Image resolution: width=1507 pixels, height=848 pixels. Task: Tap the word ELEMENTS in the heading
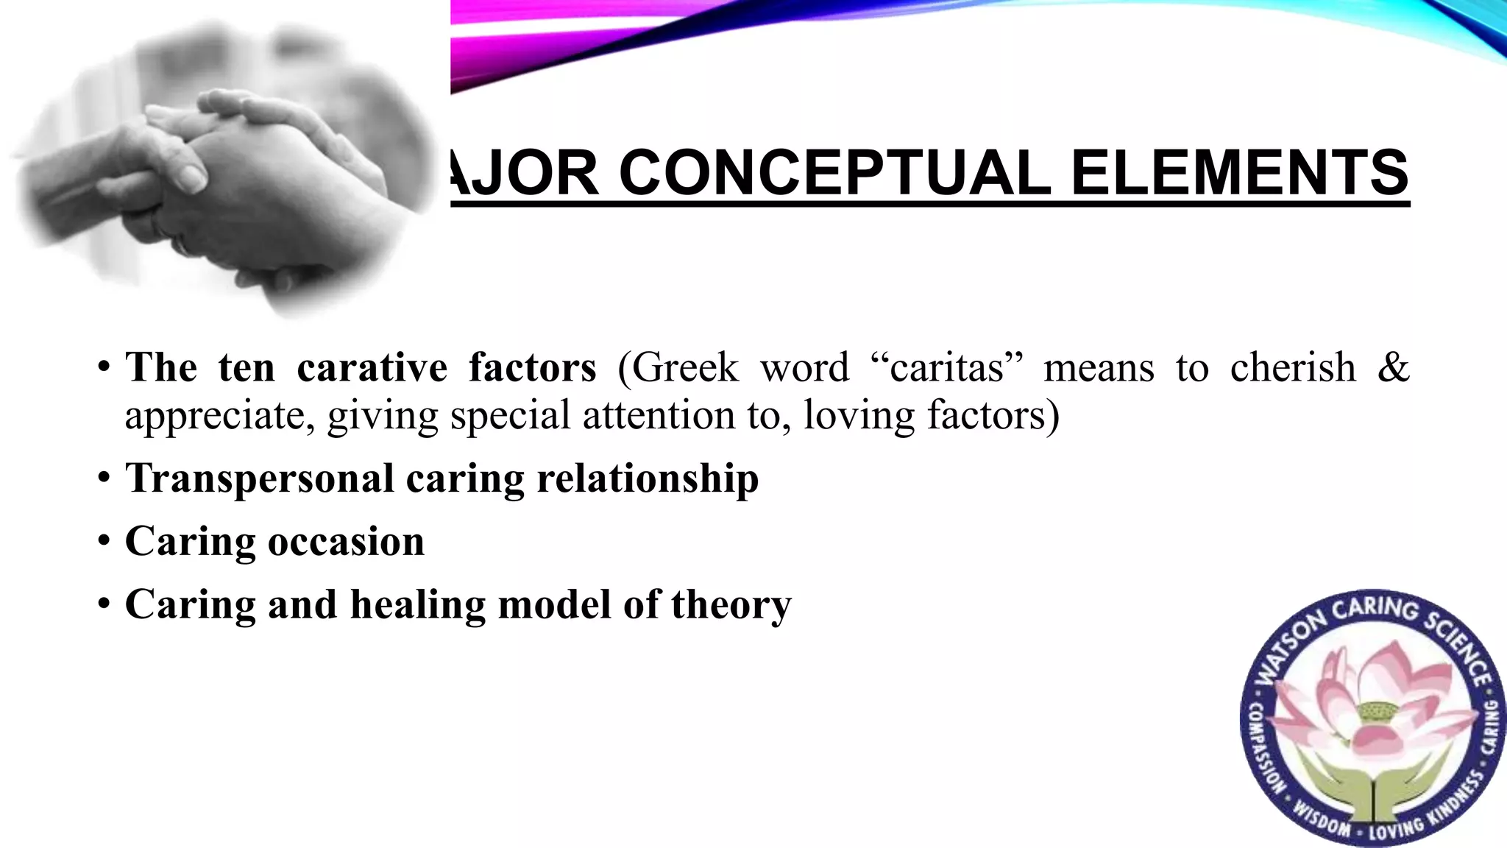coord(1239,173)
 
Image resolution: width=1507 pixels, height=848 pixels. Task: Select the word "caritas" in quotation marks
coord(947,367)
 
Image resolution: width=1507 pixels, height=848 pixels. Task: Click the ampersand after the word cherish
coord(1392,367)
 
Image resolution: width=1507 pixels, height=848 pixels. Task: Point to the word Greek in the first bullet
coord(685,367)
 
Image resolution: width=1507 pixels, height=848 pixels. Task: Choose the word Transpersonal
coord(260,478)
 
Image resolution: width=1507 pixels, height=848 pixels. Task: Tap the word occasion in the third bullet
coord(346,542)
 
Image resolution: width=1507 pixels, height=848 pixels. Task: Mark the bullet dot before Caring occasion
coord(104,543)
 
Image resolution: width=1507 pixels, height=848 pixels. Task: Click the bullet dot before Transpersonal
coord(104,479)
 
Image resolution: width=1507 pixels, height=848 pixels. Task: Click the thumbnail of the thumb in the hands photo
coord(193,175)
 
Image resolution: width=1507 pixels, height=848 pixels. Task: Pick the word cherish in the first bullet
coord(1293,367)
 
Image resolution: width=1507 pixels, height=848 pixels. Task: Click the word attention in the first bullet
coord(659,416)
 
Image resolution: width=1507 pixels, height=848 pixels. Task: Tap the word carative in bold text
coord(372,367)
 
